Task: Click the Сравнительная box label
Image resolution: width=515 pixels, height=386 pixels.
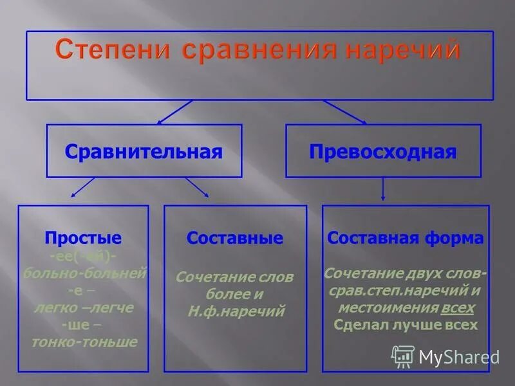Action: (144, 152)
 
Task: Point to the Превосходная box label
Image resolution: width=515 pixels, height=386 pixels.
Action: (383, 152)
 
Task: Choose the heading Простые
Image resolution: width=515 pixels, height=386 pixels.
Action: (83, 238)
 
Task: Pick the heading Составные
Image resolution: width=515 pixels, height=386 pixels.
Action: (235, 238)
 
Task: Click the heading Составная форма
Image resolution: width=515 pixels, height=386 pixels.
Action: (406, 238)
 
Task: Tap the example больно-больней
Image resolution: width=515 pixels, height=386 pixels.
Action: (84, 273)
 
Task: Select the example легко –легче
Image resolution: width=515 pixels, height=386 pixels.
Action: (84, 308)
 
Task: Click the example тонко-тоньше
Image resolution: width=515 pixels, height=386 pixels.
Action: (84, 342)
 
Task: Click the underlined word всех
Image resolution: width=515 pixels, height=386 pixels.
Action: (458, 308)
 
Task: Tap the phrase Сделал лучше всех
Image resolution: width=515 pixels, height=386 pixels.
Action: (406, 325)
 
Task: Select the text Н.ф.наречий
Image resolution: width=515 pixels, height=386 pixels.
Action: (235, 311)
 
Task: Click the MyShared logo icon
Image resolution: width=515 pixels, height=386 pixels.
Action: (403, 356)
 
